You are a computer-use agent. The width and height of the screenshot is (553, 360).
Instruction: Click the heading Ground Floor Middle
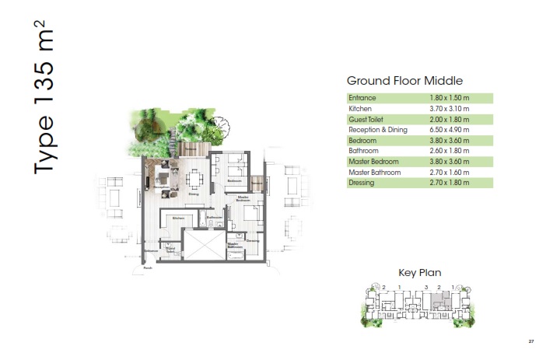point(404,81)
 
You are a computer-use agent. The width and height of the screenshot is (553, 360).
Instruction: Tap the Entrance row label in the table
point(362,99)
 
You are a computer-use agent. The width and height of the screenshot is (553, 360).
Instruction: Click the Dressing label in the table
point(362,183)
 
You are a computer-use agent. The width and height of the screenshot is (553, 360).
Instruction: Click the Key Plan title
point(420,273)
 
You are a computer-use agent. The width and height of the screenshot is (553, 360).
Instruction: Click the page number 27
point(531,341)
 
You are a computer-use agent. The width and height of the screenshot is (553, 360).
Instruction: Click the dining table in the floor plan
point(194,180)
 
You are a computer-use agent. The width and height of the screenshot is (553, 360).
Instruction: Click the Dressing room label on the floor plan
point(252,241)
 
